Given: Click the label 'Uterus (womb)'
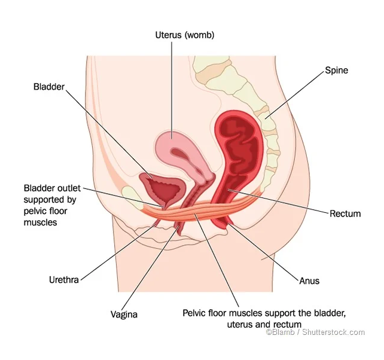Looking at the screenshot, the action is click(x=185, y=35).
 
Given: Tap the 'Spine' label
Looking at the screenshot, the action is click(x=337, y=71).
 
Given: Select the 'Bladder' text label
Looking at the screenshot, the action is click(x=49, y=87).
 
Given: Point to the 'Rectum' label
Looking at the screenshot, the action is click(x=345, y=213).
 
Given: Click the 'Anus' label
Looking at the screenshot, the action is click(x=309, y=280).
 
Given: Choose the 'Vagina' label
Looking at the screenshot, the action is click(x=124, y=315).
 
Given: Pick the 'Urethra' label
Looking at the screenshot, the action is click(x=64, y=280).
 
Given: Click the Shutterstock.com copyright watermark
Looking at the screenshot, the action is click(x=315, y=332).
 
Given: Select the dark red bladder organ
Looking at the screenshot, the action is click(x=162, y=188).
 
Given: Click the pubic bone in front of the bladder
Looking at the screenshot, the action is click(x=132, y=196).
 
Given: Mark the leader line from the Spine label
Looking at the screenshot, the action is click(x=295, y=94).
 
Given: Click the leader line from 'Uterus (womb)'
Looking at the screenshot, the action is click(x=172, y=90).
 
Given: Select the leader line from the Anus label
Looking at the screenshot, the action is click(x=264, y=252).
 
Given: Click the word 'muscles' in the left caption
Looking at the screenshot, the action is click(x=41, y=222).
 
